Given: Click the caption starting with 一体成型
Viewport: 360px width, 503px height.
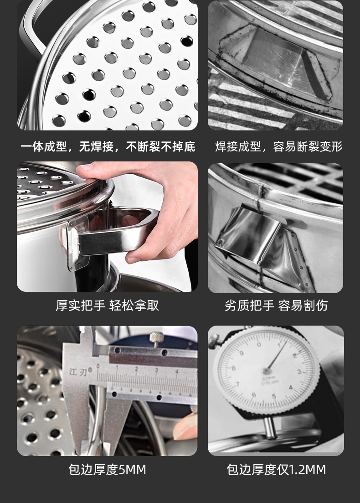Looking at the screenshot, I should point(108,146).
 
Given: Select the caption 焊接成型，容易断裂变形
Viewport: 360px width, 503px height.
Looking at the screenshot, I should point(278,146).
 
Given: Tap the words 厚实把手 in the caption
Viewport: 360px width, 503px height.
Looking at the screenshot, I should point(80,306).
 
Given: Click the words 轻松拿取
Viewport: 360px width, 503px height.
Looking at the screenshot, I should point(134,306).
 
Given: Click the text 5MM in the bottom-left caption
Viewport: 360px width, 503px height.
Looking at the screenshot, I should point(132,469).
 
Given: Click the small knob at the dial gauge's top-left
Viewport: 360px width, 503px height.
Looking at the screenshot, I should point(214,340).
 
